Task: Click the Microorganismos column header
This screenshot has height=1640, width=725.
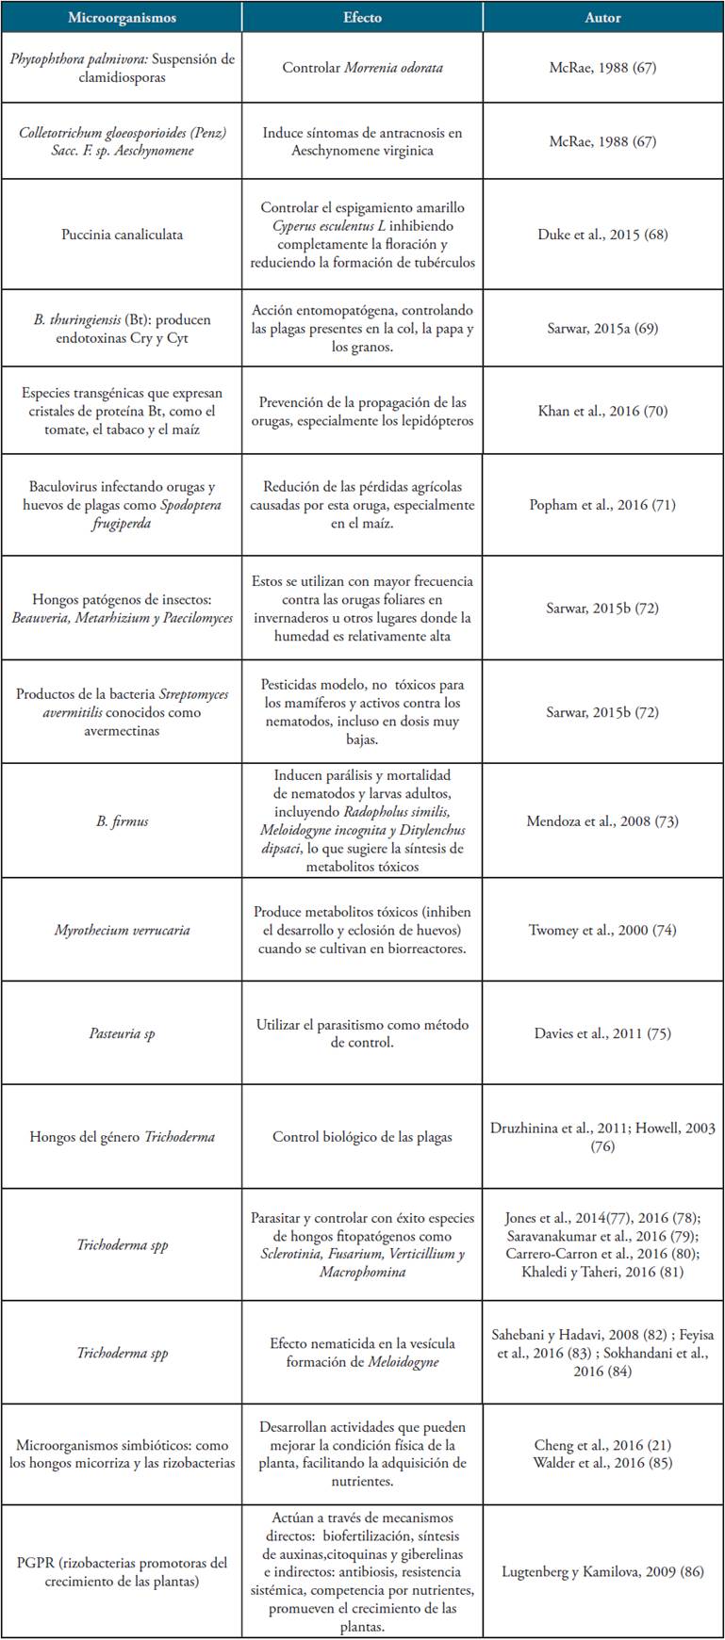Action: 122,18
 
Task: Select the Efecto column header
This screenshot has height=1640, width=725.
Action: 362,18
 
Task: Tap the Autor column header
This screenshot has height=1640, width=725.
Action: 602,18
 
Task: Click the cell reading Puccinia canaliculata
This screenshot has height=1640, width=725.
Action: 122,234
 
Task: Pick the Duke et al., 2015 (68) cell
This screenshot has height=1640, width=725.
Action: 602,234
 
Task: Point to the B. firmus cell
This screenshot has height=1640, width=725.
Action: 122,820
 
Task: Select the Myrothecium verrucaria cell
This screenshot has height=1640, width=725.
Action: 122,930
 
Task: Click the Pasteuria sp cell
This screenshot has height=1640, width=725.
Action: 122,1033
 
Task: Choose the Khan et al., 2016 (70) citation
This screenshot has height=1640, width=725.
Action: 602,411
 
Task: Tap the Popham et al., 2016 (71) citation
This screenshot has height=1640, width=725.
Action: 602,505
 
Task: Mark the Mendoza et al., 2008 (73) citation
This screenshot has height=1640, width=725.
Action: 602,820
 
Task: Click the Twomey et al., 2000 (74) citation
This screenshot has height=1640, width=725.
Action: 602,930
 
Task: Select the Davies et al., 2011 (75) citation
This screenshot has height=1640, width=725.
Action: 602,1033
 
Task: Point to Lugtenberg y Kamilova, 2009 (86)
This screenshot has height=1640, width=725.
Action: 602,1570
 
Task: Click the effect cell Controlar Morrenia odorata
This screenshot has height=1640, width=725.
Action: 362,68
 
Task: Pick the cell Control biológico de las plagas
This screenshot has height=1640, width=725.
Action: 362,1137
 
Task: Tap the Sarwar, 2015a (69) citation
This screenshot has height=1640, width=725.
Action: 602,328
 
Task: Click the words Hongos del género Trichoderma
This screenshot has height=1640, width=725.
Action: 122,1137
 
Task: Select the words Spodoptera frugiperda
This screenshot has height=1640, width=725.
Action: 122,513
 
